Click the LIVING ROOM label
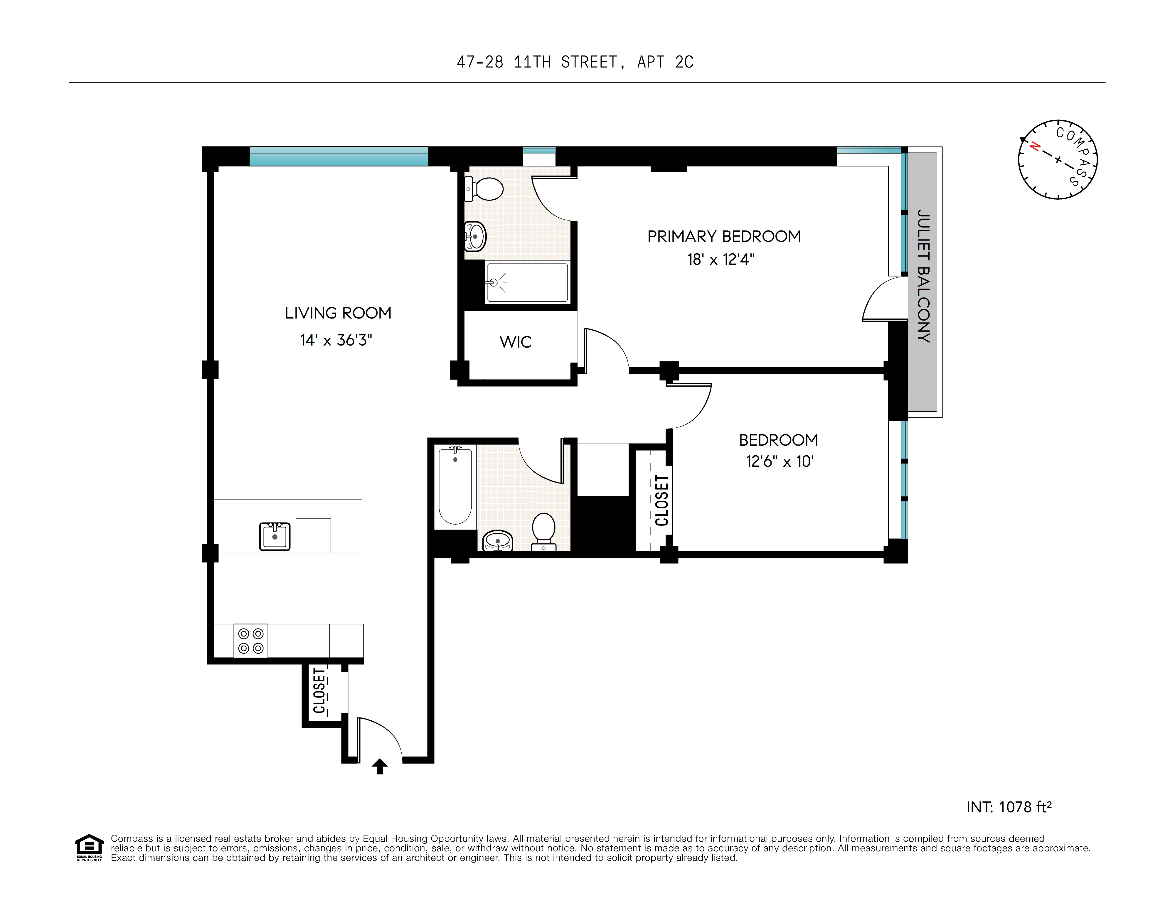(x=338, y=313)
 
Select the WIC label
(x=515, y=342)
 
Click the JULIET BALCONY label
(x=923, y=276)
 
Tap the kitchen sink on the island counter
(x=275, y=536)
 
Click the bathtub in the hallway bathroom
(x=455, y=486)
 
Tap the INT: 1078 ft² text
(x=1009, y=807)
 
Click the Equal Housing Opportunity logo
(x=89, y=847)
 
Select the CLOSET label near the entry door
(x=319, y=691)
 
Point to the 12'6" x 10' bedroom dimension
(x=779, y=461)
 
